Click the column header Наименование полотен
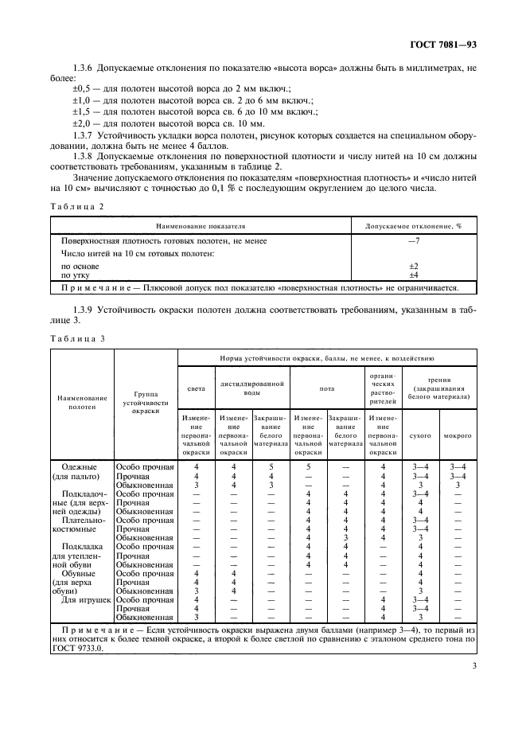click(x=82, y=400)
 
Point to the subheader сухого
click(x=419, y=436)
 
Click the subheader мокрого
click(x=457, y=436)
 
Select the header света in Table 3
click(x=195, y=389)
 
